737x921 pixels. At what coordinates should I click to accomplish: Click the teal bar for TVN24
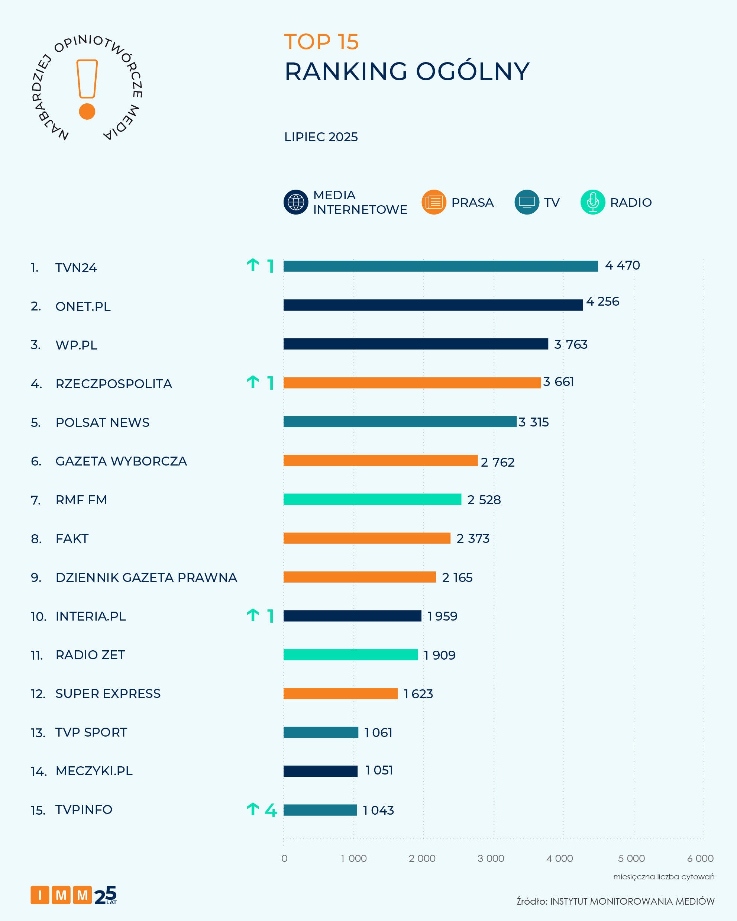(440, 266)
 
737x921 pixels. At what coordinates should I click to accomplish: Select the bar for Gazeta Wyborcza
(380, 460)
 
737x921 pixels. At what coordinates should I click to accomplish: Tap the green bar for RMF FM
(372, 499)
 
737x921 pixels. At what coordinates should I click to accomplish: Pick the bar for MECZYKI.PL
(320, 771)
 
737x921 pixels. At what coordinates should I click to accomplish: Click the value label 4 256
(602, 302)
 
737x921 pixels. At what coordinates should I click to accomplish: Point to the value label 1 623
(418, 694)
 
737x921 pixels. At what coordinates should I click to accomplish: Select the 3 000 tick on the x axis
(491, 858)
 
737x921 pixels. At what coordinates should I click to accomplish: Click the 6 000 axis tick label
(700, 858)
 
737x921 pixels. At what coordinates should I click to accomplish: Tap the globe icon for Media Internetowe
(295, 202)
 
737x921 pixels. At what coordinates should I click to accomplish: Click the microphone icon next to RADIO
(592, 202)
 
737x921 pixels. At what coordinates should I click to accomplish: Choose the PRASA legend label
(472, 203)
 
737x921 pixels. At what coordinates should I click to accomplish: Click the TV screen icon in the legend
(527, 202)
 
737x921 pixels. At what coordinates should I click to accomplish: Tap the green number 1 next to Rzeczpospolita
(270, 383)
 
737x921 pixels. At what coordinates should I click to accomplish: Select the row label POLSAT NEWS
(103, 422)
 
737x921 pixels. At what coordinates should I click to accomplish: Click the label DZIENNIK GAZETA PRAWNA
(146, 577)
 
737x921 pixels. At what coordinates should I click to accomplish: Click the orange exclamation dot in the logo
(87, 112)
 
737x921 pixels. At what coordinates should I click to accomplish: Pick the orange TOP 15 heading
(321, 42)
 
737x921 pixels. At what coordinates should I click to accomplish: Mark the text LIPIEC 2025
(321, 137)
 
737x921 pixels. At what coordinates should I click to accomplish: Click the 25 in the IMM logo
(105, 895)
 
